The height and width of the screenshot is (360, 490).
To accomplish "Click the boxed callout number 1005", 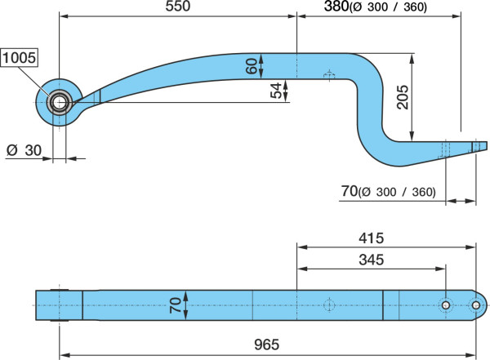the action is (x=19, y=58).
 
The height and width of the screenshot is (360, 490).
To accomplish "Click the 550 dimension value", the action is (x=177, y=6).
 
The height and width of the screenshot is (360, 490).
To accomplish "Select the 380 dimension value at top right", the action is (x=336, y=6).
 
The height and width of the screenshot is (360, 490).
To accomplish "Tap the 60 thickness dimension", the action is (x=252, y=66).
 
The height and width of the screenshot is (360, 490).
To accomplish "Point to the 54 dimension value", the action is (x=277, y=91).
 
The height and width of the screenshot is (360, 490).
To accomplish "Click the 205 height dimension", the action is (x=403, y=97).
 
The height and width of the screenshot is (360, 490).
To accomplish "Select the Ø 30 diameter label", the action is (x=24, y=150).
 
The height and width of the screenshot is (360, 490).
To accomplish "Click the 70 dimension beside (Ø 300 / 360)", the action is (x=349, y=191).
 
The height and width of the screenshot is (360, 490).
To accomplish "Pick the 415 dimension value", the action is (x=371, y=238).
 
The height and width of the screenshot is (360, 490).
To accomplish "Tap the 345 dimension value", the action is (x=371, y=260).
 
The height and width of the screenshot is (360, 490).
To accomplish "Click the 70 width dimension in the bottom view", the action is (x=176, y=305).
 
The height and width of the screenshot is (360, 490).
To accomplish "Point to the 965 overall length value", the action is (x=266, y=344).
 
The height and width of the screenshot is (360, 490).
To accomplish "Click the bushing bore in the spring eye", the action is (x=59, y=103).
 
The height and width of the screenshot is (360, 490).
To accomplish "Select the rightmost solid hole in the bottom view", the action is (x=475, y=305).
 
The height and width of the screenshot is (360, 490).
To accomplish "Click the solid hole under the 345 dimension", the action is (x=446, y=305).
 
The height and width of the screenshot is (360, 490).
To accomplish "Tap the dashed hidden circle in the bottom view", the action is (x=329, y=305).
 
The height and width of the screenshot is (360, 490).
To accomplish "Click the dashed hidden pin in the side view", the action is (x=329, y=76).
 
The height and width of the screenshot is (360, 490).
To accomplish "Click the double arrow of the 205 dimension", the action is (x=412, y=97).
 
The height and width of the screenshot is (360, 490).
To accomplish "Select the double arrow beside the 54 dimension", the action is (x=285, y=91).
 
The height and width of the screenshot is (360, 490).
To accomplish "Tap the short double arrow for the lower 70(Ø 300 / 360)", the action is (x=461, y=201).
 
